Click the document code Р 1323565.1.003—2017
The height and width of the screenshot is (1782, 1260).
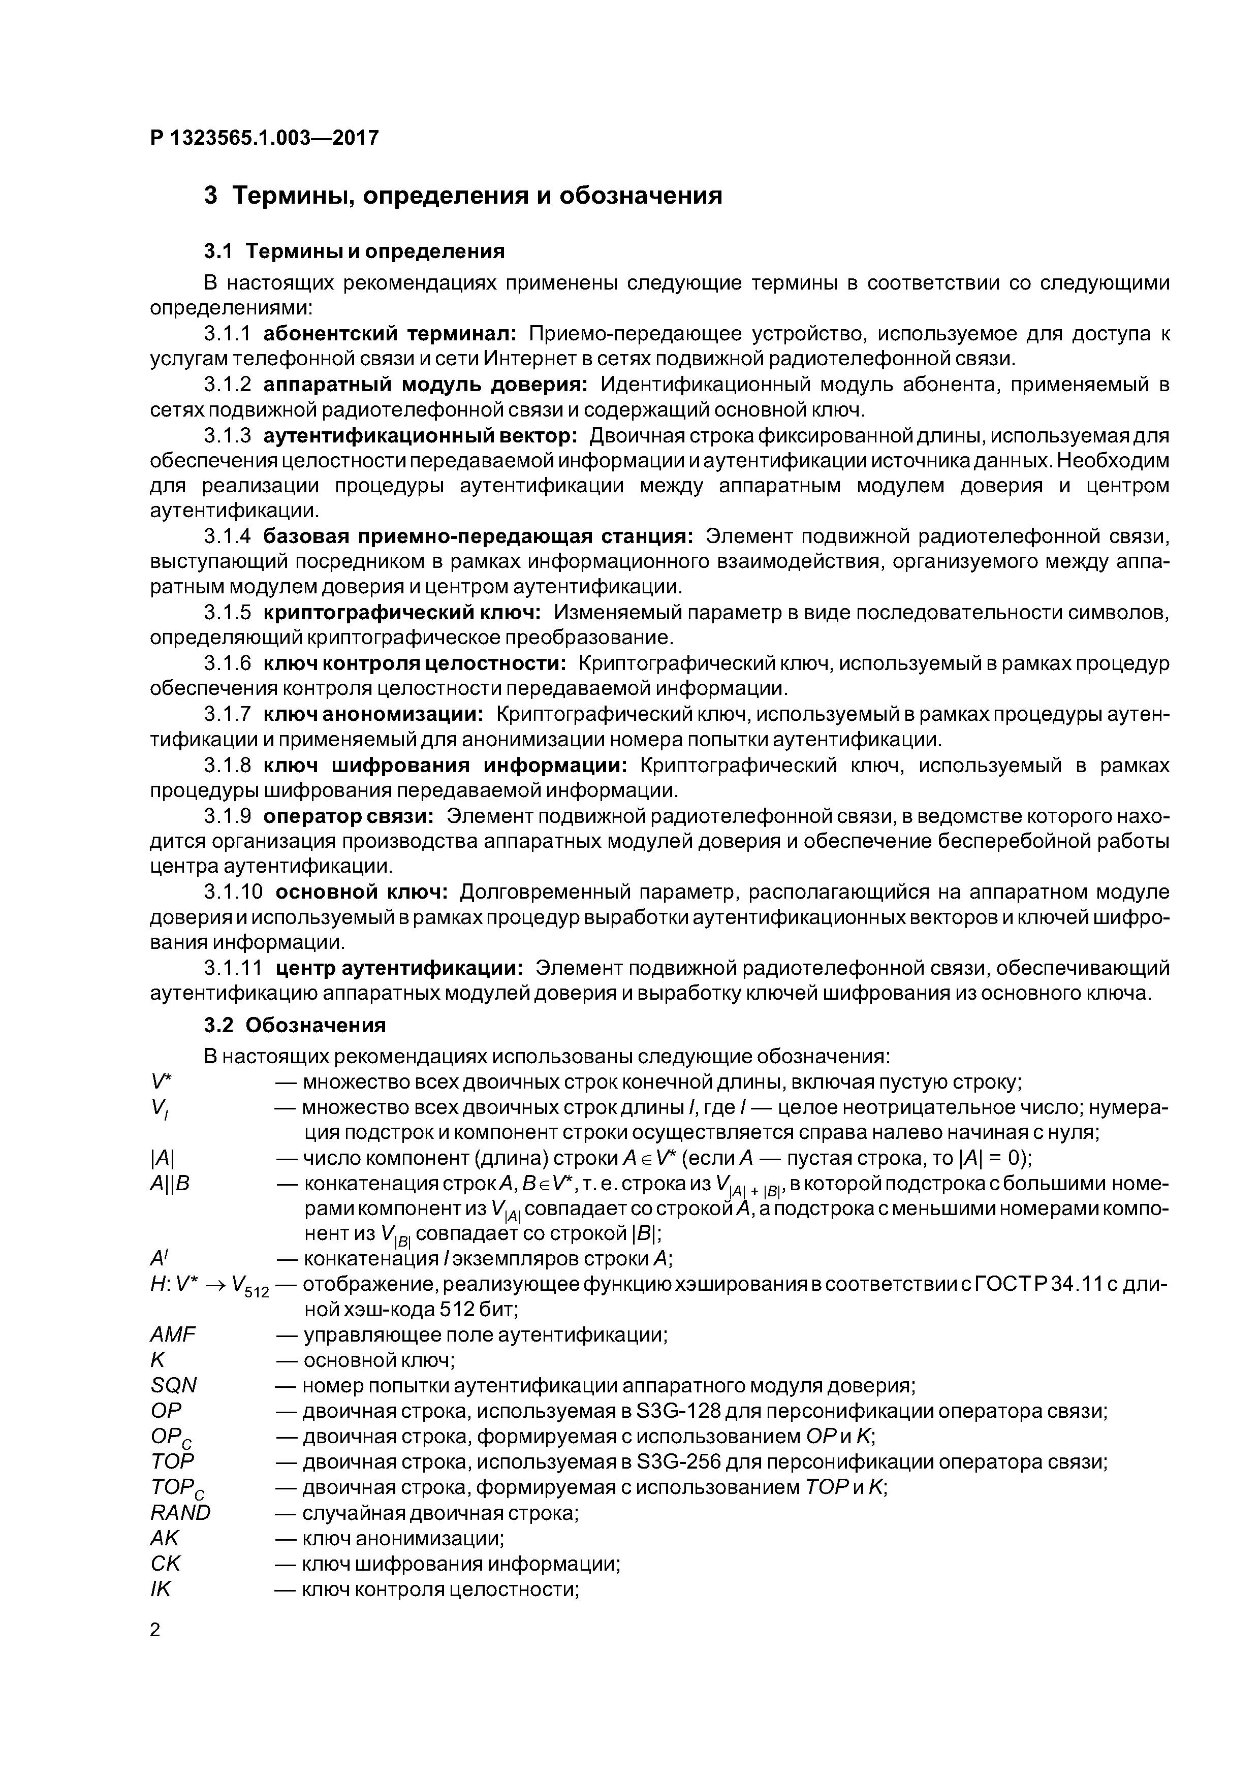(x=264, y=138)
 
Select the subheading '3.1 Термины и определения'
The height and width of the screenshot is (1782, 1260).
(x=354, y=251)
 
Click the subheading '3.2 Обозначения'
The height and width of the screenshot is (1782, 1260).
(x=295, y=1025)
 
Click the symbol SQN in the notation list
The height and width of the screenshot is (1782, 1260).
(x=173, y=1385)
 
